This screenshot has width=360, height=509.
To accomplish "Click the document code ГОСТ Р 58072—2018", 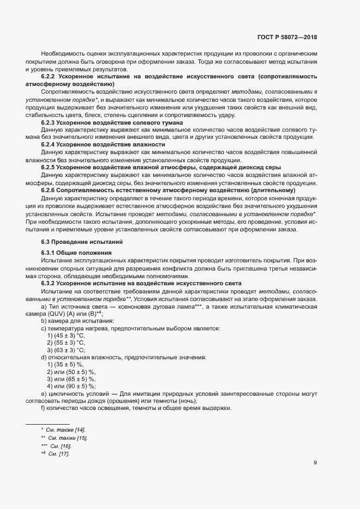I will [286, 38].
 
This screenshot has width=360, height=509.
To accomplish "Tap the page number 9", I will [315, 463].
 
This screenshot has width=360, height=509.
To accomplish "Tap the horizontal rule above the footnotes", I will [47, 424].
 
